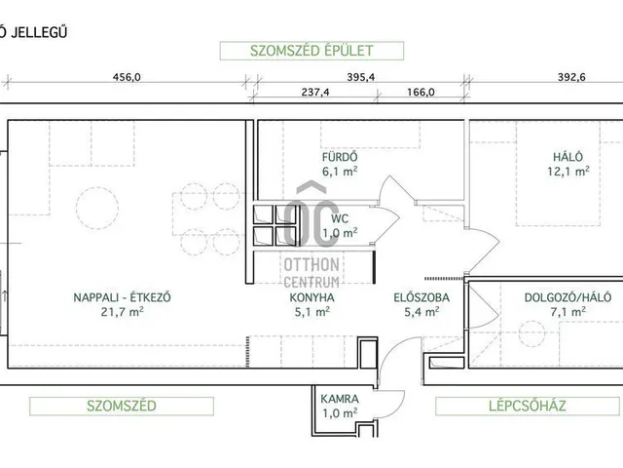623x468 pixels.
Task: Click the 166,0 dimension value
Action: coord(416,93)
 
